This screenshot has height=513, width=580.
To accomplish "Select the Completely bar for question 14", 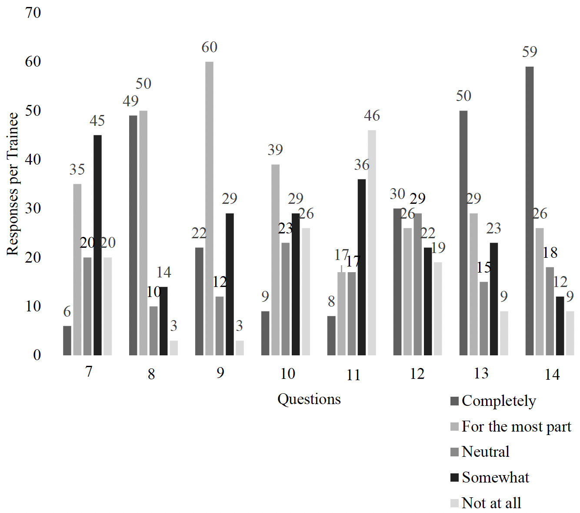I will [x=529, y=211].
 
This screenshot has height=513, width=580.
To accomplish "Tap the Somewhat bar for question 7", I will [x=97, y=245].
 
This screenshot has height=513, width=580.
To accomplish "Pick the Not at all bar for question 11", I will [x=372, y=243].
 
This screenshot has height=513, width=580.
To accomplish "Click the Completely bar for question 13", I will [x=463, y=233].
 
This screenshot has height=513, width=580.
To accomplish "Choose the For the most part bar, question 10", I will [x=275, y=260].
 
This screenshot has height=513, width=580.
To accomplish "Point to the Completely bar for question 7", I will [x=67, y=340].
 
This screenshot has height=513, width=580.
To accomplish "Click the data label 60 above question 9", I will [x=209, y=47].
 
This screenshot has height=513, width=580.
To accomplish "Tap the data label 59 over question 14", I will [x=530, y=52].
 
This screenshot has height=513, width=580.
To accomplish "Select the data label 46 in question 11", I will [x=372, y=115].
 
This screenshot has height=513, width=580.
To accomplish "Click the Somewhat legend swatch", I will [x=455, y=478].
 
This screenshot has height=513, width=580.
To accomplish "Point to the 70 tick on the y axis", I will [x=33, y=13].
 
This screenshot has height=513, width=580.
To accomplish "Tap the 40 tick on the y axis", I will [x=33, y=159].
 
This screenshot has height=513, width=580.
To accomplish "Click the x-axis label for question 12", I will [x=417, y=374].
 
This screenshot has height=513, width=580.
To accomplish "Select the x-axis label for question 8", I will [x=151, y=374].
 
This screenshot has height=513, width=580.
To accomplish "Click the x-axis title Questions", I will [x=309, y=399].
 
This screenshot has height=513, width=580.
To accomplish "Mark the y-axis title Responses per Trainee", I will [x=13, y=184].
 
